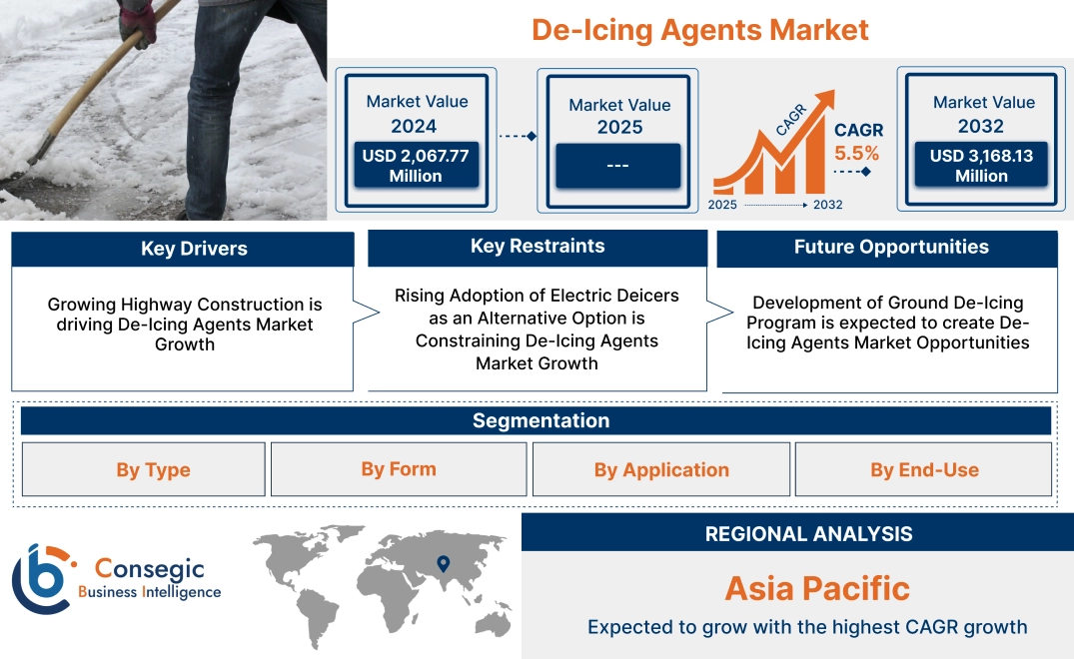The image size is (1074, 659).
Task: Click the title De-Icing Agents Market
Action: point(699,30)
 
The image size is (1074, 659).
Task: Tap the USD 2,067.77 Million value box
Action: point(415,166)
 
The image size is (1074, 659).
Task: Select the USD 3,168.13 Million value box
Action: point(981,166)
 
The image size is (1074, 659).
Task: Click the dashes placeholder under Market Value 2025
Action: point(617,165)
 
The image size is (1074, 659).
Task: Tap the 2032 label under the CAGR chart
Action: point(827,205)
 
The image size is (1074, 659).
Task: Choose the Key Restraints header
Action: point(537,247)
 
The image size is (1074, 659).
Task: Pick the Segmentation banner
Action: point(540,420)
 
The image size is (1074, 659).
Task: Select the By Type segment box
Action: point(153,470)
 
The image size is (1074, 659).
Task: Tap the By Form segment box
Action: point(399,469)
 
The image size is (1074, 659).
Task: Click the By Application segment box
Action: point(661,470)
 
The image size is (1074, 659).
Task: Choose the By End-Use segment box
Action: point(924,470)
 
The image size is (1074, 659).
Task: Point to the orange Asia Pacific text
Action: point(817,588)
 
